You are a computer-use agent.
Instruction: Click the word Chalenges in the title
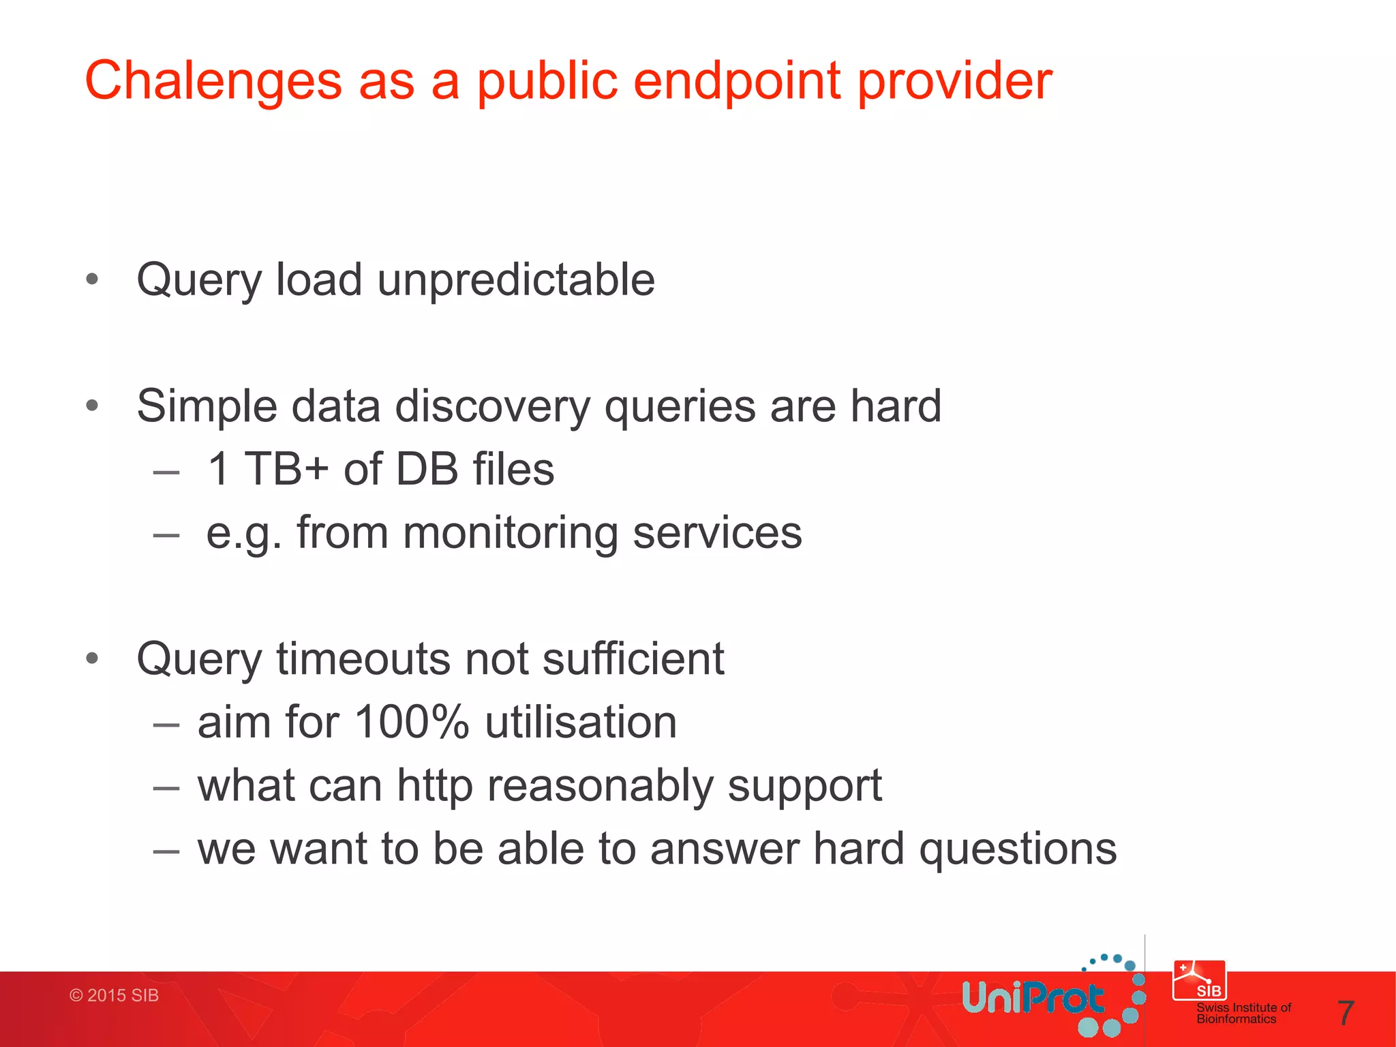click(213, 81)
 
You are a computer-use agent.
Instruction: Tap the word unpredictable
click(516, 279)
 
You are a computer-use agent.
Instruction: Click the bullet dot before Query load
click(93, 279)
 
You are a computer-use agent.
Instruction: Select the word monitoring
click(511, 532)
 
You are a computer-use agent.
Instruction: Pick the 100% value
click(412, 722)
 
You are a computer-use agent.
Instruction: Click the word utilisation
click(581, 722)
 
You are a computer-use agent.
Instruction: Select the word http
click(435, 786)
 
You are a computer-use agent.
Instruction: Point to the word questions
click(1018, 849)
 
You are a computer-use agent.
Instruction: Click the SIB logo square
click(1199, 980)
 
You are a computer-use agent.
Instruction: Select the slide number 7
click(1345, 1013)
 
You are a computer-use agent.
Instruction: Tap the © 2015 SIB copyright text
click(114, 995)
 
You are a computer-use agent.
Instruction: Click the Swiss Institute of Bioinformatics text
click(1243, 1013)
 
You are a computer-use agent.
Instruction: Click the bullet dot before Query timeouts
click(93, 658)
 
